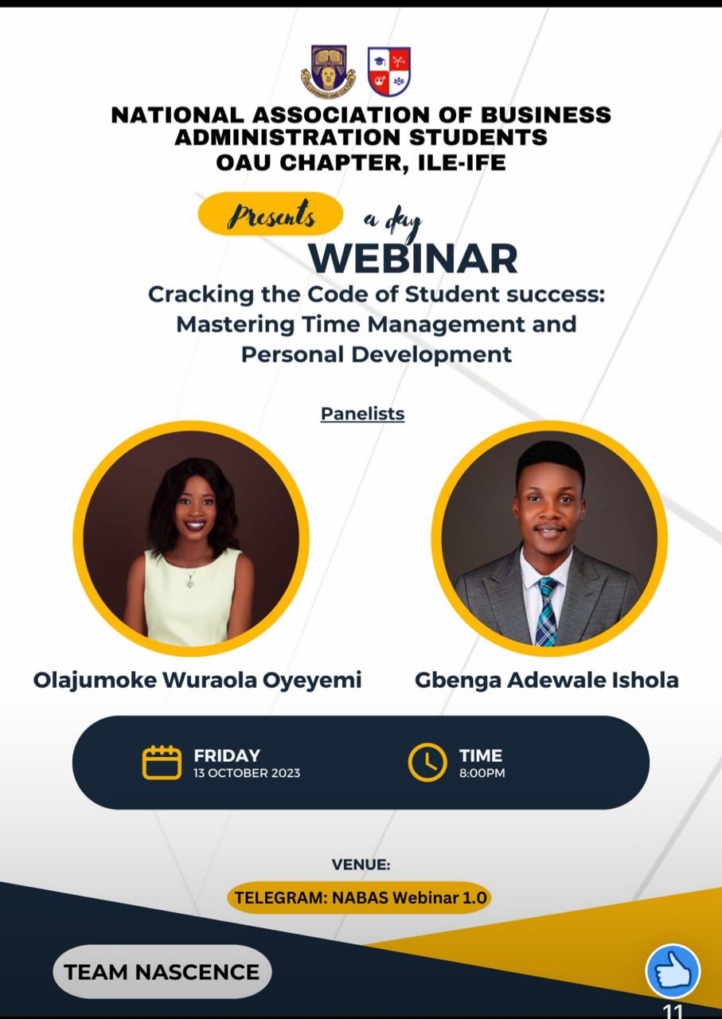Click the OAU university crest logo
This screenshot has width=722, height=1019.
[x=328, y=68]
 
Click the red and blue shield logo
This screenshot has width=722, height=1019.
[x=389, y=72]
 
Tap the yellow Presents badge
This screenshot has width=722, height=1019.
[x=270, y=214]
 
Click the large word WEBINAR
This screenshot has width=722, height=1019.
[x=413, y=259]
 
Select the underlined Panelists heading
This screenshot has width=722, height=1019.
[x=363, y=413]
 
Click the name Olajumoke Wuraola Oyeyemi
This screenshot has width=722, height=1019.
[x=197, y=681]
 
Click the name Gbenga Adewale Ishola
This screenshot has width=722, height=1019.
[x=546, y=681]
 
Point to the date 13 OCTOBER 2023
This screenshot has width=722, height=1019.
[x=247, y=773]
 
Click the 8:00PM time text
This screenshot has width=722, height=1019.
[x=482, y=773]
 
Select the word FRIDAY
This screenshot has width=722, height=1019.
[x=227, y=755]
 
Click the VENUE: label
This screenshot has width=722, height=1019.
[x=361, y=865]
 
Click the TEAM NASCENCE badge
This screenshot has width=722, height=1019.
[x=162, y=972]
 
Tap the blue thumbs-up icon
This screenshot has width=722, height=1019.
[x=673, y=971]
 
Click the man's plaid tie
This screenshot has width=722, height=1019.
[x=547, y=611]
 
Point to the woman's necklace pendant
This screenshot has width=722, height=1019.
[x=190, y=582]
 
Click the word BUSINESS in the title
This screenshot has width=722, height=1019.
[x=546, y=115]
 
